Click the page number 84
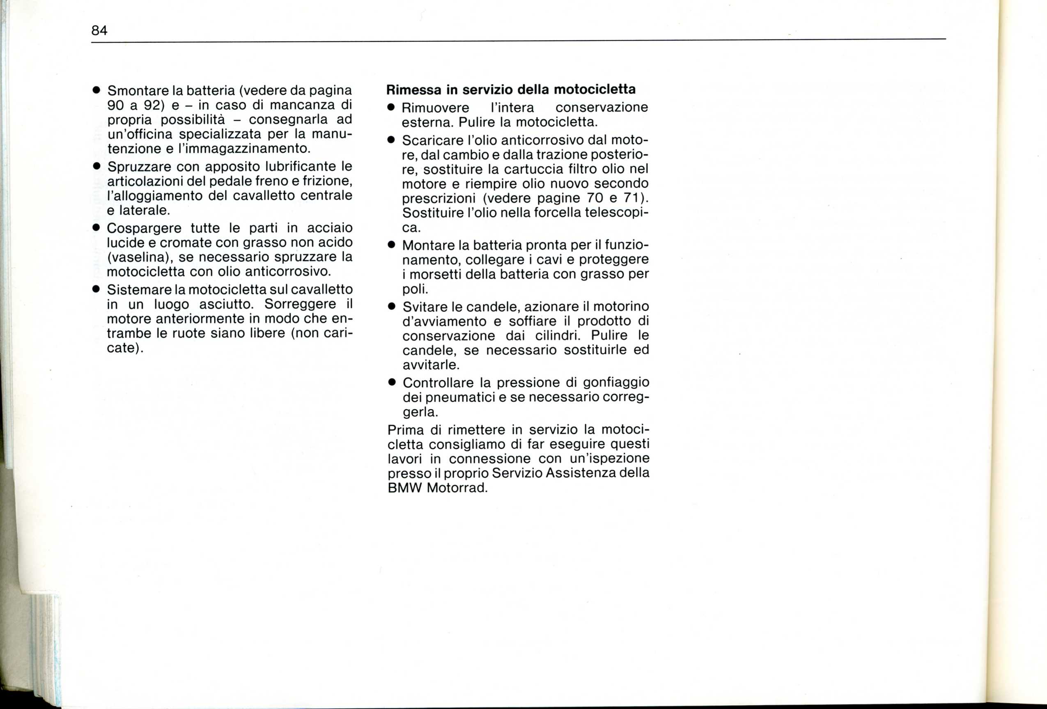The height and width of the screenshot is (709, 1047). click(99, 31)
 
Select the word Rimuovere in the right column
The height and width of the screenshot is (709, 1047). click(435, 108)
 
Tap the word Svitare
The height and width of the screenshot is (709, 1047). click(425, 307)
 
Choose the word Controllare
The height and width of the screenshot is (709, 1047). click(439, 383)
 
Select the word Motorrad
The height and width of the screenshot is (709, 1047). click(457, 488)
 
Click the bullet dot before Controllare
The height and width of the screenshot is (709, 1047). click(392, 383)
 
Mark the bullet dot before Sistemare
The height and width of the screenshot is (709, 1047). click(96, 289)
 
